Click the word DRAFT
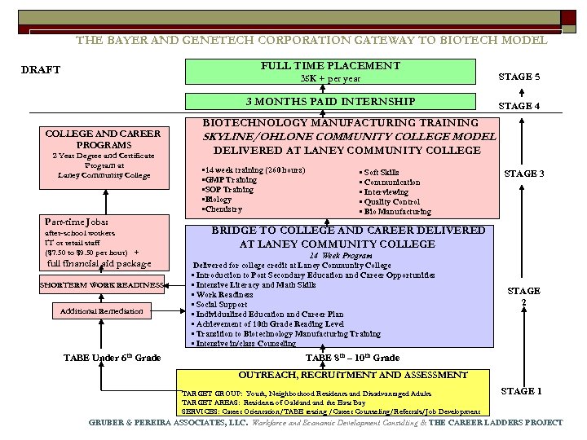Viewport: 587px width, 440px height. [x=41, y=70]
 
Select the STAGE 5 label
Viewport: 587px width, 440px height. [x=519, y=77]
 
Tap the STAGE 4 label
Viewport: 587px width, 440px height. [x=519, y=106]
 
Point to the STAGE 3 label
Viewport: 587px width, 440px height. [x=525, y=174]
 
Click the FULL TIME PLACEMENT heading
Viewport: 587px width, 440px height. [x=330, y=65]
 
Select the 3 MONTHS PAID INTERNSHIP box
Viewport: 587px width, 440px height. [x=330, y=102]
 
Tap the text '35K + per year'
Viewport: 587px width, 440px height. [x=330, y=79]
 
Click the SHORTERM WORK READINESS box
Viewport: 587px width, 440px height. [x=103, y=284]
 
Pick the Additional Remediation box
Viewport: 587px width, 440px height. [x=102, y=311]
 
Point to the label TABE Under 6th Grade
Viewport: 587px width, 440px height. [x=112, y=358]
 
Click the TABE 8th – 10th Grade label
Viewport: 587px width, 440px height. [x=352, y=358]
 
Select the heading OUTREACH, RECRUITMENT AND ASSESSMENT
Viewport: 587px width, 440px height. [x=352, y=376]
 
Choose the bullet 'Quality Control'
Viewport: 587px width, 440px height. [x=390, y=202]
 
